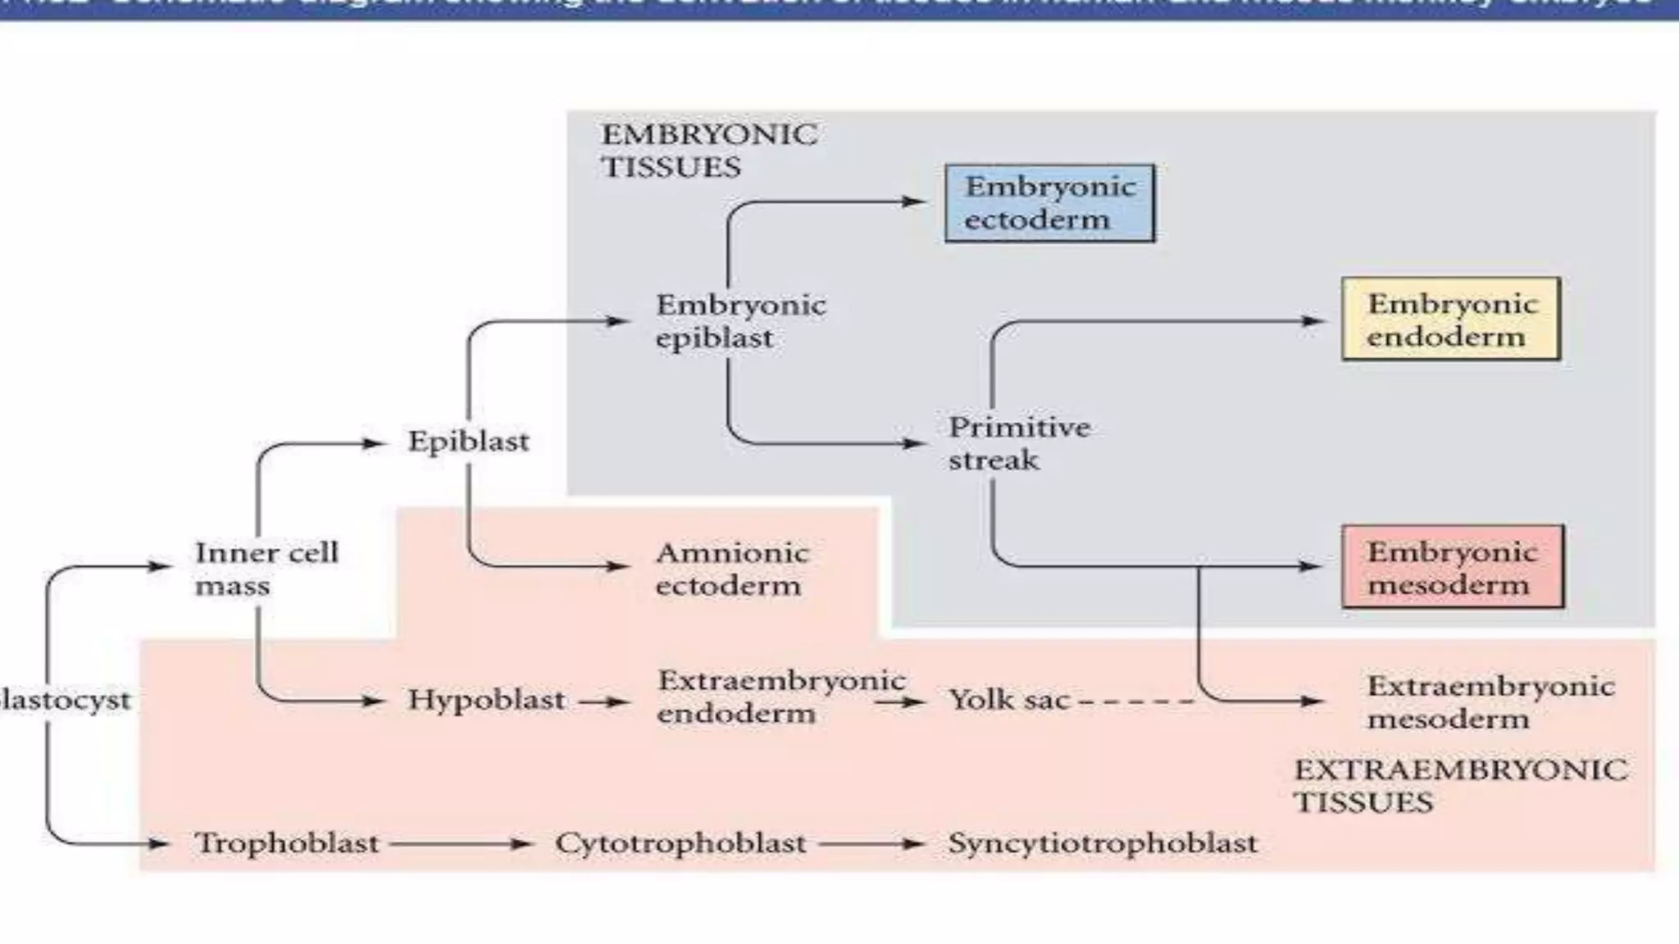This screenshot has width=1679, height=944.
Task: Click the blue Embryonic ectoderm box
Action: point(1049,203)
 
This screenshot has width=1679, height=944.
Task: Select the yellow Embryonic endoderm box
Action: point(1450,320)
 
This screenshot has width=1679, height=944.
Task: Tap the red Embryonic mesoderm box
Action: point(1452,567)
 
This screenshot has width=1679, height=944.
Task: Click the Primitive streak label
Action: point(1018,443)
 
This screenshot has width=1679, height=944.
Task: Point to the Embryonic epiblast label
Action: point(739,321)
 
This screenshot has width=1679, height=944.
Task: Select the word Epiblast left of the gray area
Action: point(468,442)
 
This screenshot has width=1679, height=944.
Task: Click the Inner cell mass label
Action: point(266,569)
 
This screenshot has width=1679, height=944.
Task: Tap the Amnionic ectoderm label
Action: point(731,569)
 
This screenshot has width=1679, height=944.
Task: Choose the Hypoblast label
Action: point(486,700)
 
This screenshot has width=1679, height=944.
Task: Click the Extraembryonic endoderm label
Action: point(780,697)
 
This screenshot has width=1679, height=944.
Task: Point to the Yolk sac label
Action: point(1009,700)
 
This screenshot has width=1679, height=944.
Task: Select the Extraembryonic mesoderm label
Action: point(1490,702)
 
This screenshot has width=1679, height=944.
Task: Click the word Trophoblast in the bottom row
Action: point(286,843)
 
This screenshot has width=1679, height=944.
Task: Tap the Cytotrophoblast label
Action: point(680,843)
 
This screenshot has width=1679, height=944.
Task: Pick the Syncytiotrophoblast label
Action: point(1102,843)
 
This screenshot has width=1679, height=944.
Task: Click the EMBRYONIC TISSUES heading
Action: point(709,151)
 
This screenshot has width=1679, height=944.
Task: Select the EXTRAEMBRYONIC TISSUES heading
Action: point(1460,786)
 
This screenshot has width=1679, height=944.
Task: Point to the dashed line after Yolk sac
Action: point(1136,701)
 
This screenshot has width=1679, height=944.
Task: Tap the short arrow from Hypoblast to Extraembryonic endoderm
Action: point(603,701)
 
